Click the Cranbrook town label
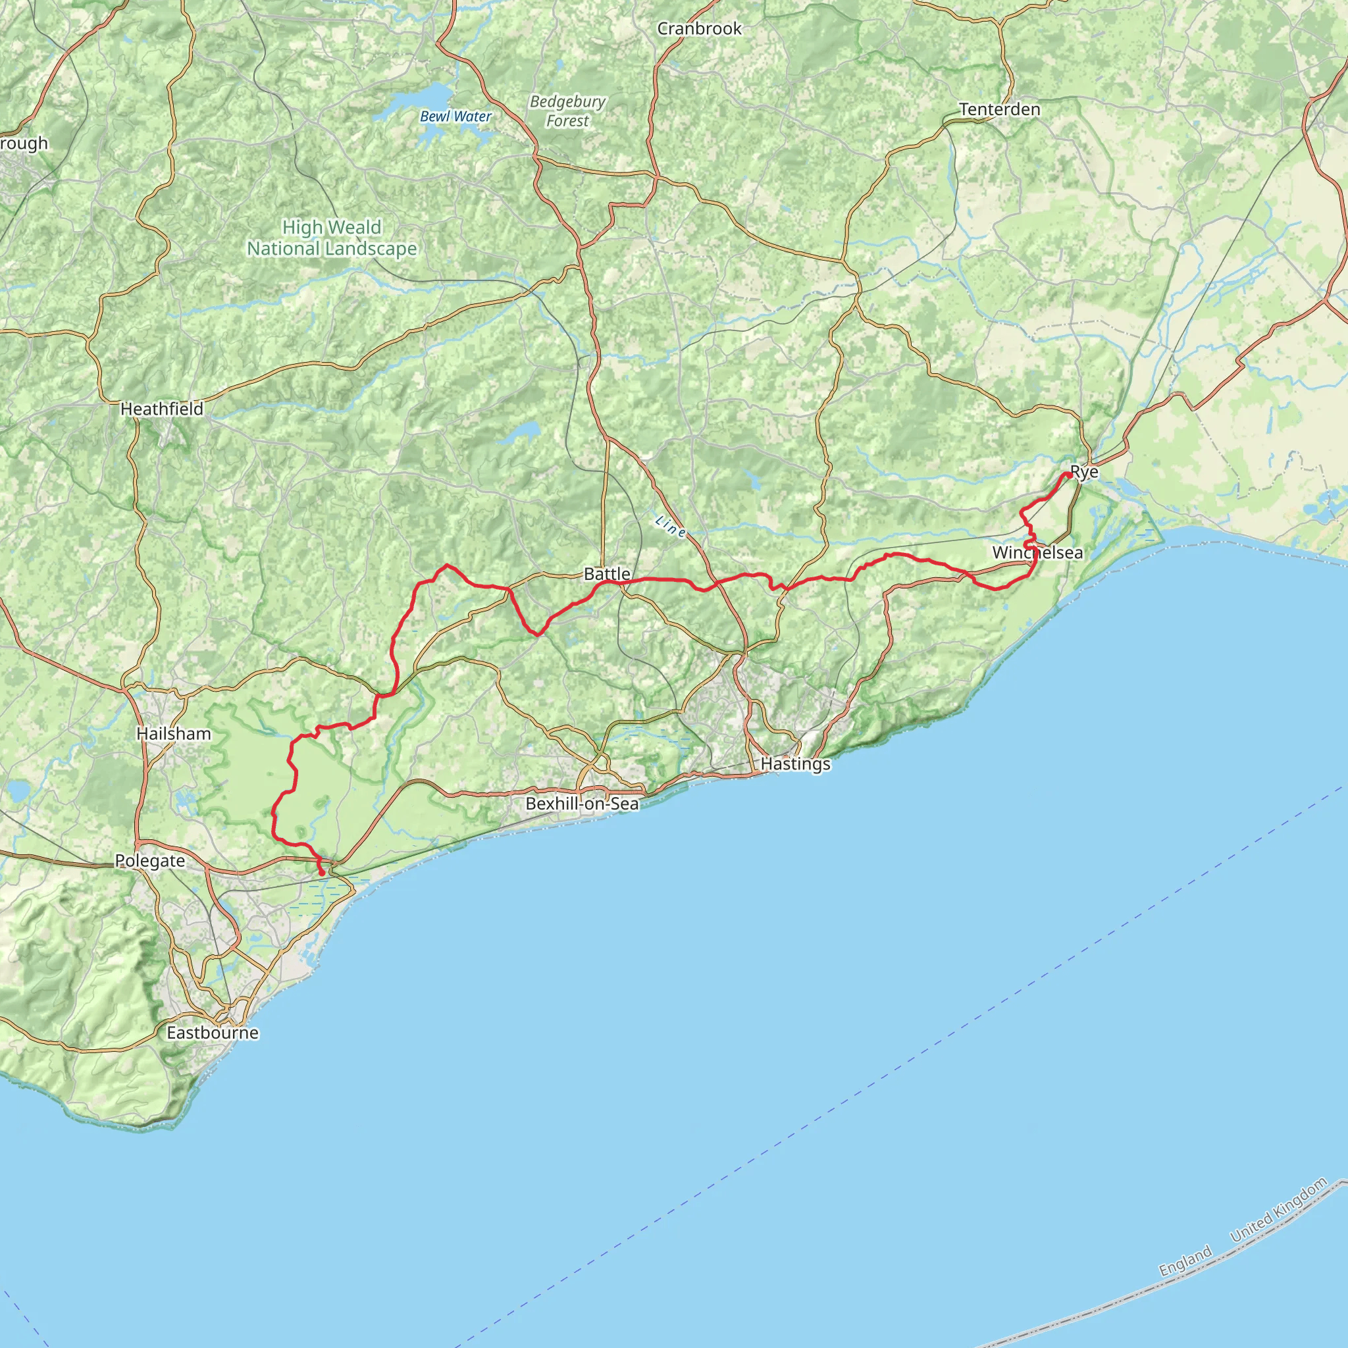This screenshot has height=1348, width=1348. [x=699, y=28]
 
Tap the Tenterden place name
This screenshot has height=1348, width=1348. [x=999, y=109]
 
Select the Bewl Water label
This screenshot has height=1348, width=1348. [x=455, y=117]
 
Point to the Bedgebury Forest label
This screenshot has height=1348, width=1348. [x=567, y=111]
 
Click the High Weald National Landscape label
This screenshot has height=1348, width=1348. [x=332, y=238]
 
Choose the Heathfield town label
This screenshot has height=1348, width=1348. [x=162, y=409]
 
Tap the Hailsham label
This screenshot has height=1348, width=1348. [x=174, y=733]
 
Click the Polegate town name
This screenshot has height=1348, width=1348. [x=150, y=861]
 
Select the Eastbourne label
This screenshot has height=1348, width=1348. [x=212, y=1032]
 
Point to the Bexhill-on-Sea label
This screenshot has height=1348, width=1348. [x=582, y=803]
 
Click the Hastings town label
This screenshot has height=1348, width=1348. [x=795, y=764]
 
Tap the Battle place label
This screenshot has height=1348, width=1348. [x=607, y=573]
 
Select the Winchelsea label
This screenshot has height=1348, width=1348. [x=1037, y=553]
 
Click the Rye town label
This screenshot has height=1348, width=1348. [x=1084, y=473]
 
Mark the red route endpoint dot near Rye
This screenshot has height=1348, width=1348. [x=1068, y=475]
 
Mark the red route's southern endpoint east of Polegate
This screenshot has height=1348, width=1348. [x=321, y=873]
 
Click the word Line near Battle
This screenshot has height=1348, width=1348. [x=670, y=526]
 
